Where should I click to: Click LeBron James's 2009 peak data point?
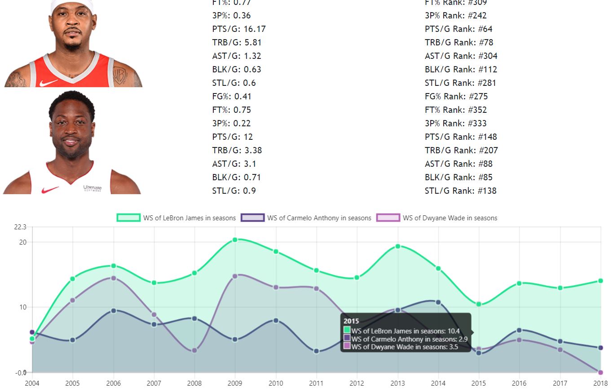(x=235, y=240)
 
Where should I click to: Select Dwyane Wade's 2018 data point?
(x=600, y=372)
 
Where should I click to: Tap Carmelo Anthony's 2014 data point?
(x=438, y=303)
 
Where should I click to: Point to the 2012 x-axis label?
(x=357, y=383)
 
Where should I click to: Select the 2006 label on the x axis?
(x=113, y=383)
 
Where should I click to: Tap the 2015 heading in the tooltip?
(x=351, y=321)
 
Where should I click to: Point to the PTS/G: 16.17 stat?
(x=239, y=29)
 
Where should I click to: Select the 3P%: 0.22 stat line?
(x=231, y=123)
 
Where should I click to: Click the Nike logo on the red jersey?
(x=49, y=83)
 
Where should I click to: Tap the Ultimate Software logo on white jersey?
(x=92, y=188)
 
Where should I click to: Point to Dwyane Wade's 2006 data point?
(x=113, y=278)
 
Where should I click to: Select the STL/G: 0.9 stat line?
(x=234, y=191)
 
